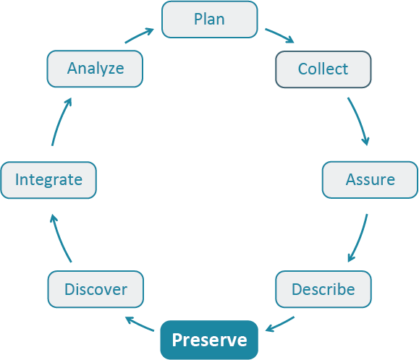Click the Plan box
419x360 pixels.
[x=209, y=20]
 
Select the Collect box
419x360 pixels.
[x=323, y=69]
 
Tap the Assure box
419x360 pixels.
[x=370, y=179]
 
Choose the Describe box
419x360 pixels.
[x=323, y=290]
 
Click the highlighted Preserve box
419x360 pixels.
[x=209, y=340]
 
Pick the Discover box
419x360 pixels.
[x=96, y=290]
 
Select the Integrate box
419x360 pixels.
[x=48, y=179]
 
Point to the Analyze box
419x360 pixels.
[x=96, y=69]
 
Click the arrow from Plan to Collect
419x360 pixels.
[x=279, y=36]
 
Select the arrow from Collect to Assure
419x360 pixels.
[x=360, y=120]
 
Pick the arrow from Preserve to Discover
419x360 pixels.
[x=140, y=323]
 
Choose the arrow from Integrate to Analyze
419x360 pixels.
[x=60, y=121]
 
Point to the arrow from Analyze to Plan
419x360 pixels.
[x=139, y=35]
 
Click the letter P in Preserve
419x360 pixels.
[x=177, y=340]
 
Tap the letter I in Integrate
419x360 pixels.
[x=17, y=179]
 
